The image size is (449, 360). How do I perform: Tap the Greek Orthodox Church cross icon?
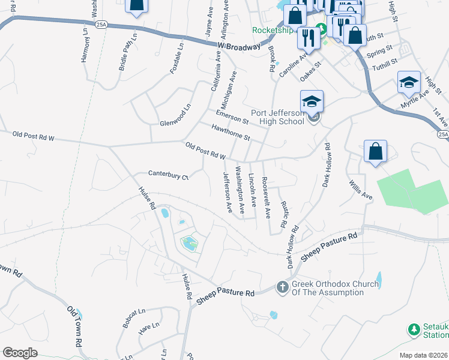point(282,288)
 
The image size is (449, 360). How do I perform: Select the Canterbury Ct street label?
point(169,176)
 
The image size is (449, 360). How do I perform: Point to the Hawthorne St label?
point(231,132)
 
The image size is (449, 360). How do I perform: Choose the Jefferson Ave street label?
point(228,193)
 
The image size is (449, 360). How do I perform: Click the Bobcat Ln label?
point(134,318)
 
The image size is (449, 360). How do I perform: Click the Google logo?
point(20,353)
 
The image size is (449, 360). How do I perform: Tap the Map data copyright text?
point(424,355)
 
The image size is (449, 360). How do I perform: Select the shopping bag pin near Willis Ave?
point(375,152)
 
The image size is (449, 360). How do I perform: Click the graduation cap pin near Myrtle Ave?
point(409,83)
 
